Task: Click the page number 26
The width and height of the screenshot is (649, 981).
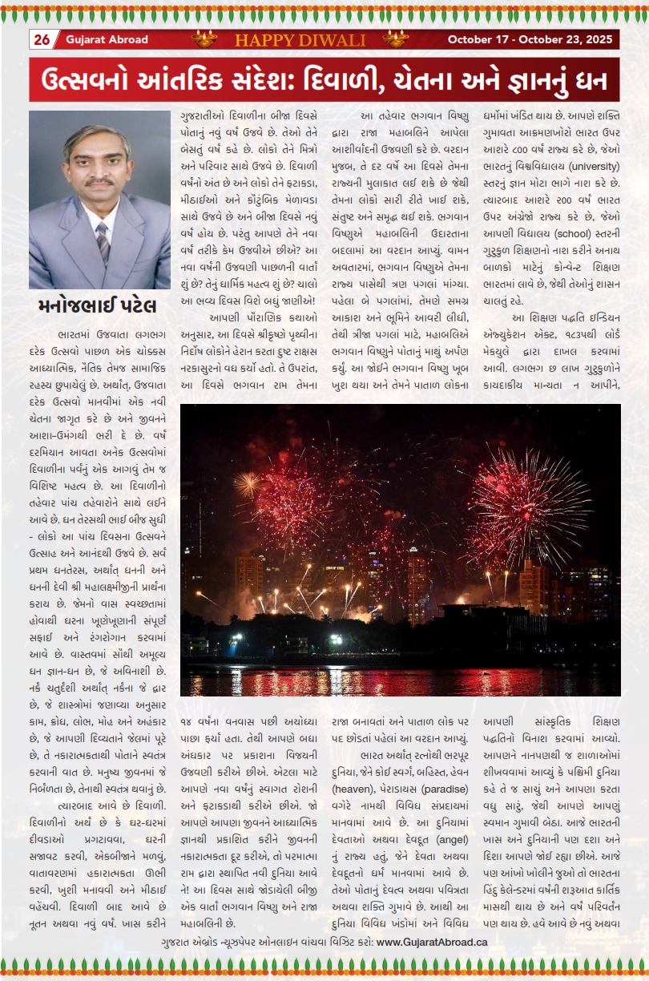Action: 42,39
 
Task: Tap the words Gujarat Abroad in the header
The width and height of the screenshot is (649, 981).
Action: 96,39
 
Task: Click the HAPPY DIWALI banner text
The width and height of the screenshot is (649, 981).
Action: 300,40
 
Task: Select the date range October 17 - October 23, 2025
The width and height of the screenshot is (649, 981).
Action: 530,39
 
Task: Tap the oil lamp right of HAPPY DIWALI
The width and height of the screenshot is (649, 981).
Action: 395,38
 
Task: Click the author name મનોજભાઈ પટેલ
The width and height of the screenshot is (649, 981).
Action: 97,306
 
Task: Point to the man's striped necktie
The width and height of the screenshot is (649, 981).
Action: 102,241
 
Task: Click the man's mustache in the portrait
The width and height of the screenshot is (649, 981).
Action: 99,182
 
